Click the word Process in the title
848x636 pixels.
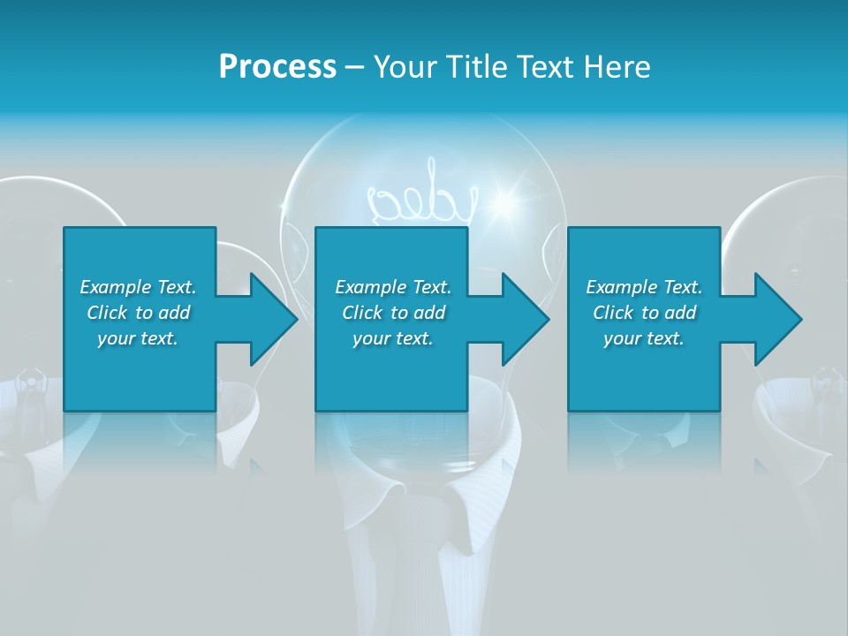click(277, 66)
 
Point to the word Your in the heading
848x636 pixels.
click(406, 66)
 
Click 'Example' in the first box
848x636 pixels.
click(115, 287)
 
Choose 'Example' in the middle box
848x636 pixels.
click(370, 287)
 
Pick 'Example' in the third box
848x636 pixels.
click(621, 287)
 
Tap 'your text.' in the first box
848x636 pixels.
click(138, 338)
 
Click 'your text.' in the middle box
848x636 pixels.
click(393, 338)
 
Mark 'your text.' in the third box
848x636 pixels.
click(644, 338)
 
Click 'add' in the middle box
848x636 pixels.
click(428, 313)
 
